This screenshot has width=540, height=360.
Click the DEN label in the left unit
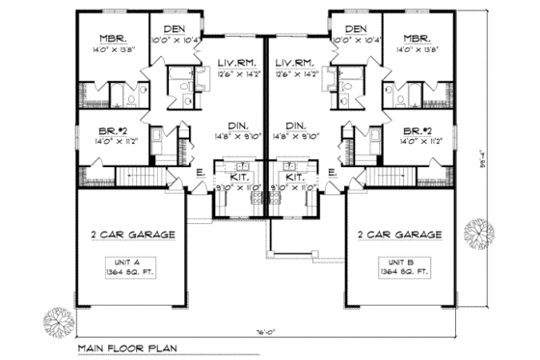pyautogui.click(x=175, y=29)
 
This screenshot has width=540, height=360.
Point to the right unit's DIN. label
pyautogui.click(x=297, y=125)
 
